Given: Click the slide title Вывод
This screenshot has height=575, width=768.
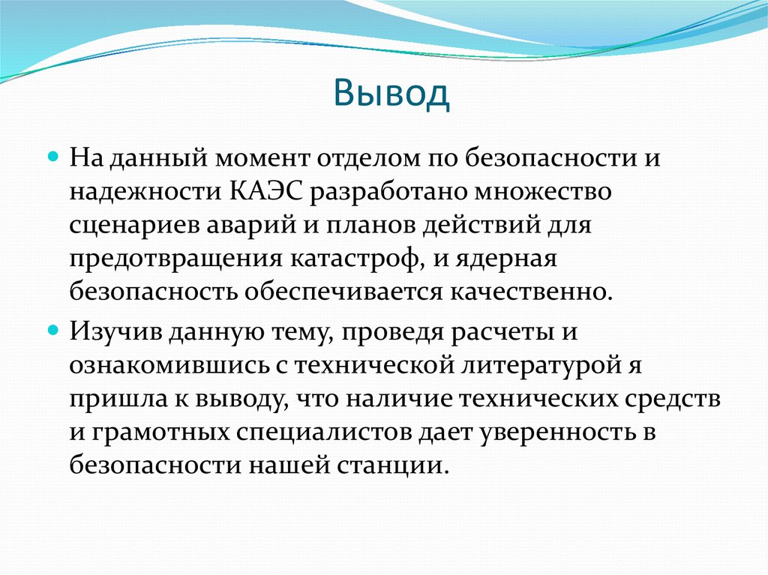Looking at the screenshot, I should click(x=392, y=95).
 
